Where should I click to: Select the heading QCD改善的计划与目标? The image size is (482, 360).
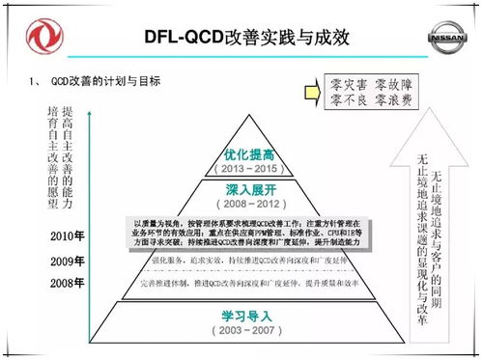pyautogui.click(x=106, y=80)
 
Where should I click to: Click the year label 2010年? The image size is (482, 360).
pyautogui.click(x=68, y=236)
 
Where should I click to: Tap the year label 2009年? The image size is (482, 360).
pyautogui.click(x=68, y=262)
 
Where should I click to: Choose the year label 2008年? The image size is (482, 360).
pyautogui.click(x=68, y=282)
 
